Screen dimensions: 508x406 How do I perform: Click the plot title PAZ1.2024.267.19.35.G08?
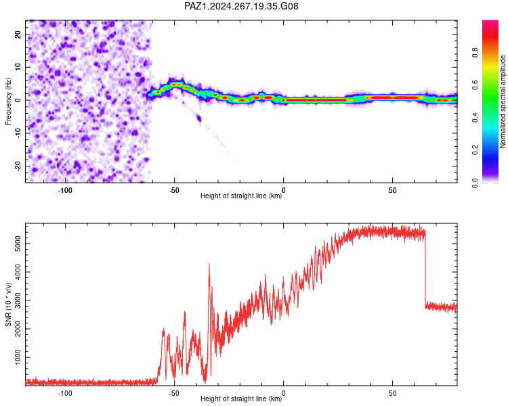coord(241,6)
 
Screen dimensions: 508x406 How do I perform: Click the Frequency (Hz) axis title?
coord(8,101)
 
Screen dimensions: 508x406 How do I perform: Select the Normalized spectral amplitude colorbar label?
coord(503,101)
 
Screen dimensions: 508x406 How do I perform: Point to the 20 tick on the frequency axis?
coord(18,34)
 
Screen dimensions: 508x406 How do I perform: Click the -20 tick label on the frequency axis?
coord(18,166)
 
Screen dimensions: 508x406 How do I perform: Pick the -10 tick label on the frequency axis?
coord(18,133)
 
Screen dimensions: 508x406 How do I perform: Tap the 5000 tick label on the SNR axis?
coord(18,244)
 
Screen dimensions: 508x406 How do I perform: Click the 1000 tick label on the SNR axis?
coord(18,357)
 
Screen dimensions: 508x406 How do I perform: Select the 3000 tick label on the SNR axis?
coord(18,300)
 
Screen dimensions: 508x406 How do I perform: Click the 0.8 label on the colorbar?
coord(475,53)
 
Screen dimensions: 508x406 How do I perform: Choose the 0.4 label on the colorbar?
coord(475,118)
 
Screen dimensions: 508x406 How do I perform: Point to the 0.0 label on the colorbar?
coord(475,183)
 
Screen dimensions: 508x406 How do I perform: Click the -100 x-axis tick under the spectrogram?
coord(65,190)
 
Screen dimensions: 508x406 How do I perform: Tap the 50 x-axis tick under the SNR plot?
coord(392,393)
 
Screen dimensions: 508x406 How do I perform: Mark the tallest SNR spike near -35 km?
coord(209,264)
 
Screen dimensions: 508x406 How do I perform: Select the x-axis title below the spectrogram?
coord(241,196)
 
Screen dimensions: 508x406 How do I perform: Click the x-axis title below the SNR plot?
coord(241,399)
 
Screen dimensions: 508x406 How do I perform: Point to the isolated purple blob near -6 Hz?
coord(198,118)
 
